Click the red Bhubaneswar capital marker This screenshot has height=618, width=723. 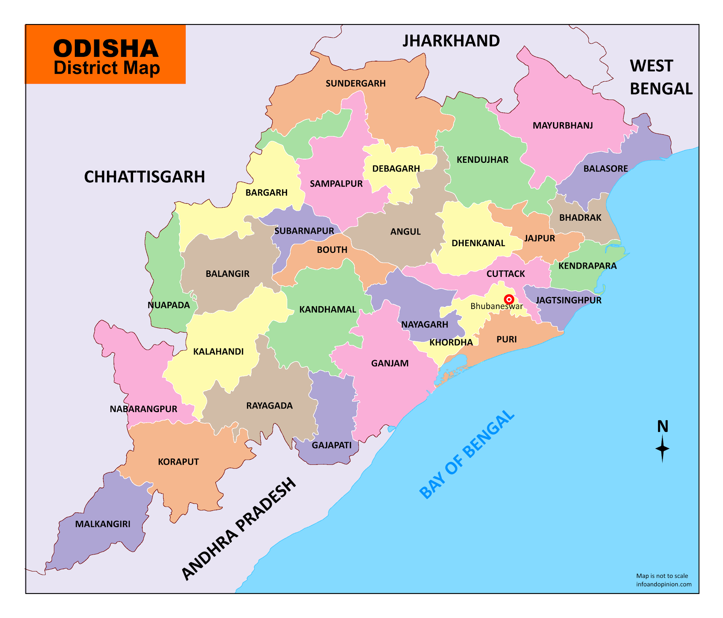(509, 299)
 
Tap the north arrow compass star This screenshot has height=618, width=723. (662, 448)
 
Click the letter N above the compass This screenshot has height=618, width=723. (663, 426)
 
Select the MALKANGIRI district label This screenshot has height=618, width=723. (103, 524)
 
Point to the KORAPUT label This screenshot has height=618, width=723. (178, 462)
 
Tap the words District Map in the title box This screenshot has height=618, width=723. (107, 68)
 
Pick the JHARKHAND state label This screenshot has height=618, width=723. (451, 41)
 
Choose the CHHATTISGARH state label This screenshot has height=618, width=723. (144, 177)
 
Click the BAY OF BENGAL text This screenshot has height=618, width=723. (467, 454)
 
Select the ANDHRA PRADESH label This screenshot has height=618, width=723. (239, 528)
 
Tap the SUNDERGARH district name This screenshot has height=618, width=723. (355, 83)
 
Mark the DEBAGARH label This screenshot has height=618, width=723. (396, 168)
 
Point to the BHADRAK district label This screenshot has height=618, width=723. (580, 218)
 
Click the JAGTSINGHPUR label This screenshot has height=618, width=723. (568, 300)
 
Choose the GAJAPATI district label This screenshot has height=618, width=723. (331, 445)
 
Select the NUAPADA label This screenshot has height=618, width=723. (169, 305)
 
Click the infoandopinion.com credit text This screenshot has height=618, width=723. (664, 584)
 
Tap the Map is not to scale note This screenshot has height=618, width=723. (662, 576)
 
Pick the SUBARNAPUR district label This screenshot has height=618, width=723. (304, 231)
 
